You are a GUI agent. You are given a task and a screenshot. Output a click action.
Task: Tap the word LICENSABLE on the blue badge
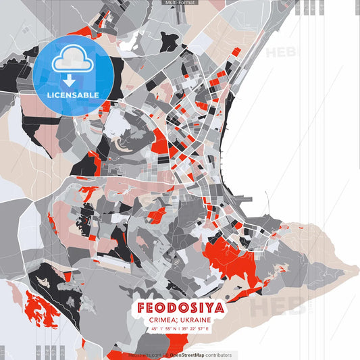(x=73, y=95)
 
